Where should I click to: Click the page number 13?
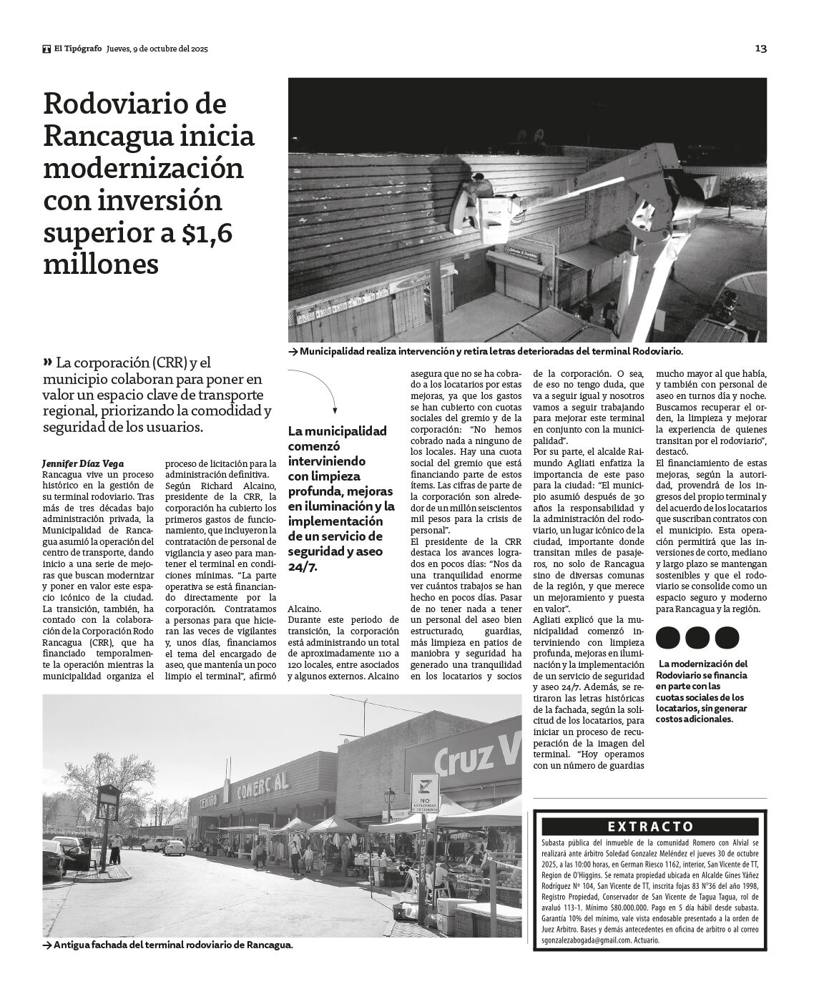click(x=760, y=49)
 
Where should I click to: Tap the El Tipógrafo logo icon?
click(x=46, y=49)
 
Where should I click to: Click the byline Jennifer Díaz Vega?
click(x=77, y=463)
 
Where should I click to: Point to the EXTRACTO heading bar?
click(x=650, y=827)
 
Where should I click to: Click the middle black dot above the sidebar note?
click(x=697, y=637)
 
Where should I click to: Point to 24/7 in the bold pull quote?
click(x=302, y=566)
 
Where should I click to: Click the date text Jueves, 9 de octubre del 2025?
click(x=157, y=49)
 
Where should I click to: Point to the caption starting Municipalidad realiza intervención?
click(x=491, y=352)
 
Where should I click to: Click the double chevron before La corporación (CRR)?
click(x=48, y=362)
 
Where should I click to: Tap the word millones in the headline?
click(x=101, y=265)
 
